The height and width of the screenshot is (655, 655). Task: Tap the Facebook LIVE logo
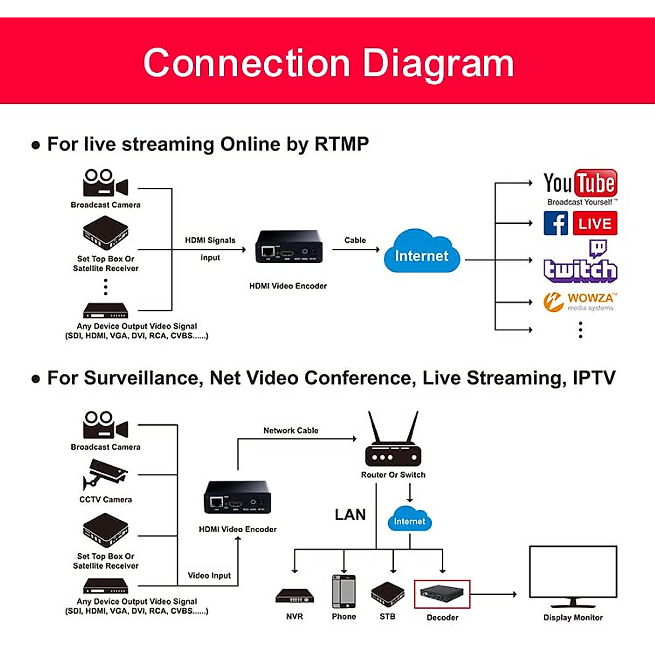point(580,223)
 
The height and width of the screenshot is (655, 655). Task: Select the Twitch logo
point(581,264)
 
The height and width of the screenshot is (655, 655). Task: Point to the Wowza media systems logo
point(579,301)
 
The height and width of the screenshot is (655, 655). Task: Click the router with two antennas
point(393,442)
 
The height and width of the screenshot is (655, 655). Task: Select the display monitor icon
point(573,576)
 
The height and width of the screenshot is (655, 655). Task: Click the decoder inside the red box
point(442,594)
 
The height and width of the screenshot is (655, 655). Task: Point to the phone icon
point(344,591)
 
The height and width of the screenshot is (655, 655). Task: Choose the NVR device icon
point(295,596)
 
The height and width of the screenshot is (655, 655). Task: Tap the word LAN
point(350,515)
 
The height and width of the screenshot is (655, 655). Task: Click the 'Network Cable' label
point(291,431)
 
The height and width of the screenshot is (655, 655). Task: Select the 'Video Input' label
point(209,575)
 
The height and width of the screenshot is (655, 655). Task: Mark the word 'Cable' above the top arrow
point(355,240)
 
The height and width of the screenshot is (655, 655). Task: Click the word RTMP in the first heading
point(342,144)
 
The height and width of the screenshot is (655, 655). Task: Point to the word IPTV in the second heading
point(594,378)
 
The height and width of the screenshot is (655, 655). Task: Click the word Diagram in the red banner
point(438,63)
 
